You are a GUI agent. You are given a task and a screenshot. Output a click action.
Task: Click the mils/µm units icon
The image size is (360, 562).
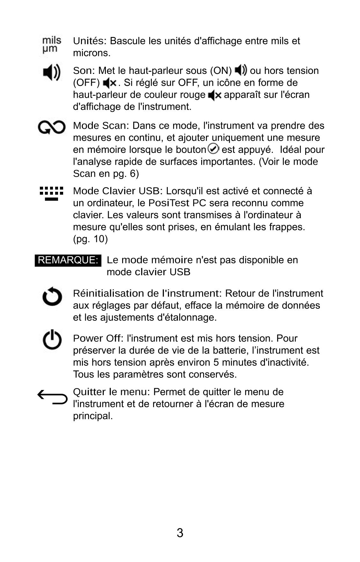(x=51, y=45)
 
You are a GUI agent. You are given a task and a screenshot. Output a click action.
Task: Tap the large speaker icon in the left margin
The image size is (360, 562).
(x=51, y=72)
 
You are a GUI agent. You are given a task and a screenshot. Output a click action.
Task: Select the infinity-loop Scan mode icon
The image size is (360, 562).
(x=52, y=128)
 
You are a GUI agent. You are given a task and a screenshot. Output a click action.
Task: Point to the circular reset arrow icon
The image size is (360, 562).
(x=52, y=297)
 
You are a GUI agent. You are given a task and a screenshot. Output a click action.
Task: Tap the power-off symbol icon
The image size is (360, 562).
(x=52, y=340)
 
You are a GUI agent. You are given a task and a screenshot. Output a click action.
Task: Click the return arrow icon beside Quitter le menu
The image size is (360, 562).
(x=52, y=397)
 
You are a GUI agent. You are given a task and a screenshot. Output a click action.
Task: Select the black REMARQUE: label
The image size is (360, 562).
(x=68, y=260)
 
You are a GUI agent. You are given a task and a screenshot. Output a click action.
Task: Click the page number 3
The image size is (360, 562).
(x=180, y=533)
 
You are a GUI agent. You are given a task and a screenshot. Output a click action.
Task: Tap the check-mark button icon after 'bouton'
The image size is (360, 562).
(x=213, y=148)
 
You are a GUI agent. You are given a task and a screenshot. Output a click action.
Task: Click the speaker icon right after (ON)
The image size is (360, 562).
(x=241, y=70)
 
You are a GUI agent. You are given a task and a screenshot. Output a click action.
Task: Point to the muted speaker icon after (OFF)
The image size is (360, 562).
(x=110, y=83)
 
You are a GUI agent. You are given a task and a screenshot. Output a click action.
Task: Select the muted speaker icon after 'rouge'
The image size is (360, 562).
(x=214, y=95)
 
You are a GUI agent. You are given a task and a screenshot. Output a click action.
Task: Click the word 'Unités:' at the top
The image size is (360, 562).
(x=90, y=41)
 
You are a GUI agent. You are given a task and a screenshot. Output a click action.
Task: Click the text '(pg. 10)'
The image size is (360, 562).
(x=90, y=239)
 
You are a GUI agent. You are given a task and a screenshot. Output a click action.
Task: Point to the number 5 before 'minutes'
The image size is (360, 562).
(x=216, y=362)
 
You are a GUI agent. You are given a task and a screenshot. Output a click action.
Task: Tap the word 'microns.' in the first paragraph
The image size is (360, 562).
(x=92, y=53)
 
